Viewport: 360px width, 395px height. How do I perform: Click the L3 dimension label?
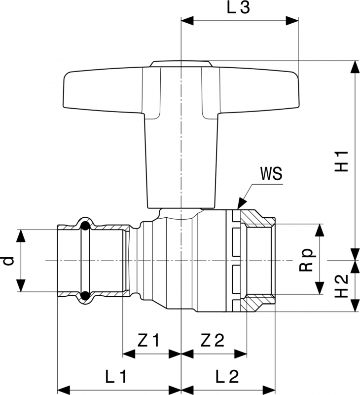(x=240, y=9)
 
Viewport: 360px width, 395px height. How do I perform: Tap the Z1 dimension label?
(x=149, y=340)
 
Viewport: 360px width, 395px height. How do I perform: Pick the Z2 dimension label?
(x=213, y=340)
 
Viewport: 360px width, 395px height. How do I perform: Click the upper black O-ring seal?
(x=85, y=227)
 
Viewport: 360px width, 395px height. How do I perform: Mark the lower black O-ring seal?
(x=85, y=295)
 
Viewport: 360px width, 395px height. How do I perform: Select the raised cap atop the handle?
(x=181, y=63)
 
